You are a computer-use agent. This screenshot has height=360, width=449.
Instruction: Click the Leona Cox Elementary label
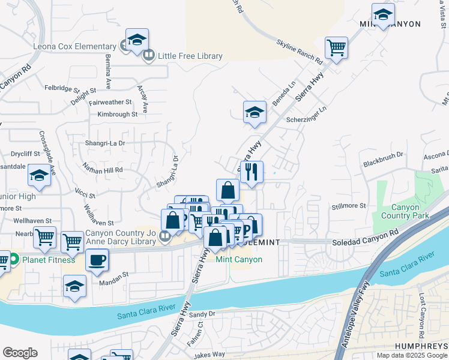pyautogui.click(x=67, y=47)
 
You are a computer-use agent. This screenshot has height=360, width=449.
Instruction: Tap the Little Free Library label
pyautogui.click(x=190, y=56)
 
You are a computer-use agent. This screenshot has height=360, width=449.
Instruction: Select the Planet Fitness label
pyautogui.click(x=49, y=260)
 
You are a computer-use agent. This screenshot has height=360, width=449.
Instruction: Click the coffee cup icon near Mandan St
pyautogui.click(x=97, y=260)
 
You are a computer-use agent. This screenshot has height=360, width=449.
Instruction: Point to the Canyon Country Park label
pyautogui.click(x=405, y=211)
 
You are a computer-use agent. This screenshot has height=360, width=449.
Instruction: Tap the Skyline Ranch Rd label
pyautogui.click(x=300, y=52)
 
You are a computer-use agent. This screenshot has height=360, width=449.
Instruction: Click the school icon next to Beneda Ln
pyautogui.click(x=255, y=112)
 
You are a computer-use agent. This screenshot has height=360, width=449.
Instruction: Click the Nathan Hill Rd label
pyautogui.click(x=103, y=170)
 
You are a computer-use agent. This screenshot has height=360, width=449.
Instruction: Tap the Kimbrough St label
pyautogui.click(x=118, y=114)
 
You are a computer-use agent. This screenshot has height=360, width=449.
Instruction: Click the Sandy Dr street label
pyautogui.click(x=202, y=314)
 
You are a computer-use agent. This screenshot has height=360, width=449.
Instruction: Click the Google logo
pyautogui.click(x=20, y=353)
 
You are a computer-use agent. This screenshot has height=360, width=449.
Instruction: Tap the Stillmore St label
pyautogui.click(x=349, y=206)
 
